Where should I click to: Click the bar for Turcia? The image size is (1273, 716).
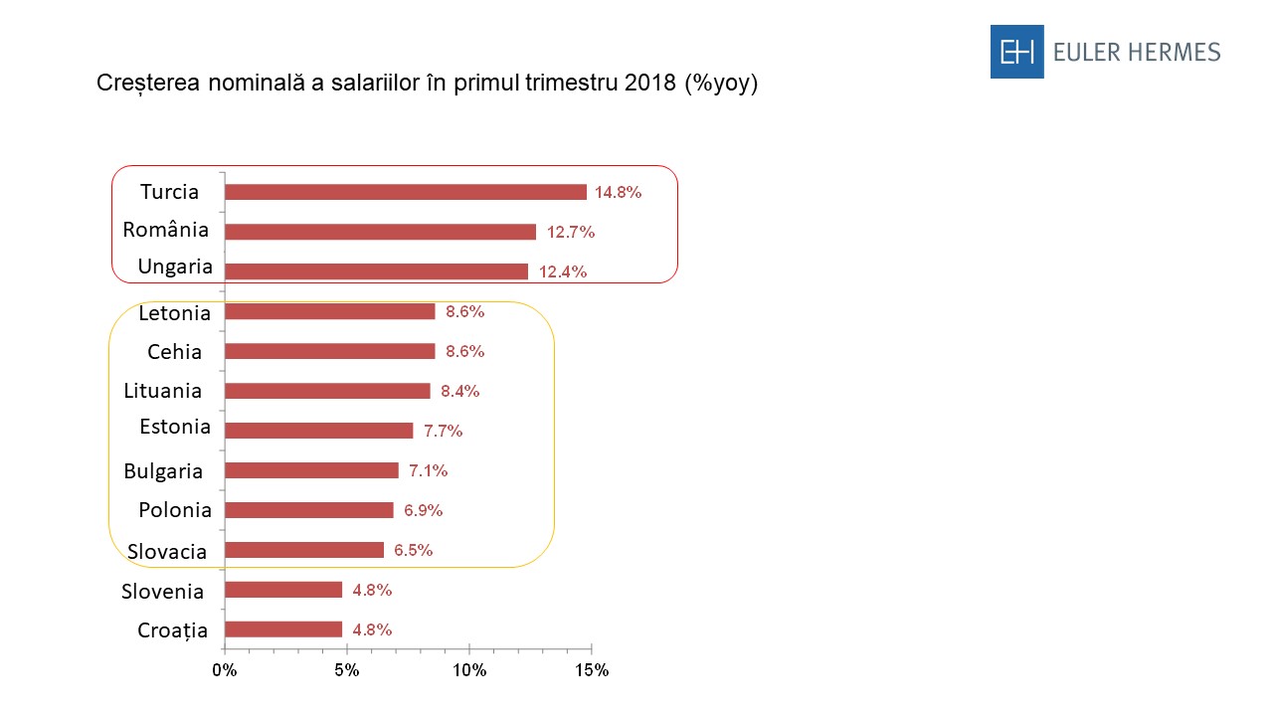point(405,192)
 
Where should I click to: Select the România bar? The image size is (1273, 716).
point(380,232)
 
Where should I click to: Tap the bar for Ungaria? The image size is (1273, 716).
point(376,271)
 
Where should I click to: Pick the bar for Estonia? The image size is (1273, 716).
point(318,431)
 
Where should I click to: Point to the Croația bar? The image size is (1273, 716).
point(283,629)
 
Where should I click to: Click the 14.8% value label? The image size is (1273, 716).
point(618,192)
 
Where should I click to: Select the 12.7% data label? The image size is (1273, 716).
point(570,232)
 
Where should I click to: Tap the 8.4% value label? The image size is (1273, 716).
point(460,391)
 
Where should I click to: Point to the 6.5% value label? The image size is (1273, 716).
point(413,550)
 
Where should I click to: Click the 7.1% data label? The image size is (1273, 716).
point(429,470)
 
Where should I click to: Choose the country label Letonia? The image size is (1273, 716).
point(175,313)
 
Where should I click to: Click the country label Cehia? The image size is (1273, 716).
point(174,351)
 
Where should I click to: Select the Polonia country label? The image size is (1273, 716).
point(175,510)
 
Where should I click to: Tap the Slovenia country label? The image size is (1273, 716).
point(162,592)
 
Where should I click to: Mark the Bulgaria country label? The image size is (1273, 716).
point(163,471)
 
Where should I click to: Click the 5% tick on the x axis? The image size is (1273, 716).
point(346,670)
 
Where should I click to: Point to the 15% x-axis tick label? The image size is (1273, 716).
point(592,670)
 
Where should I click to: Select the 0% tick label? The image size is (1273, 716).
point(225,670)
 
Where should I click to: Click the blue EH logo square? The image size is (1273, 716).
point(1016,52)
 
